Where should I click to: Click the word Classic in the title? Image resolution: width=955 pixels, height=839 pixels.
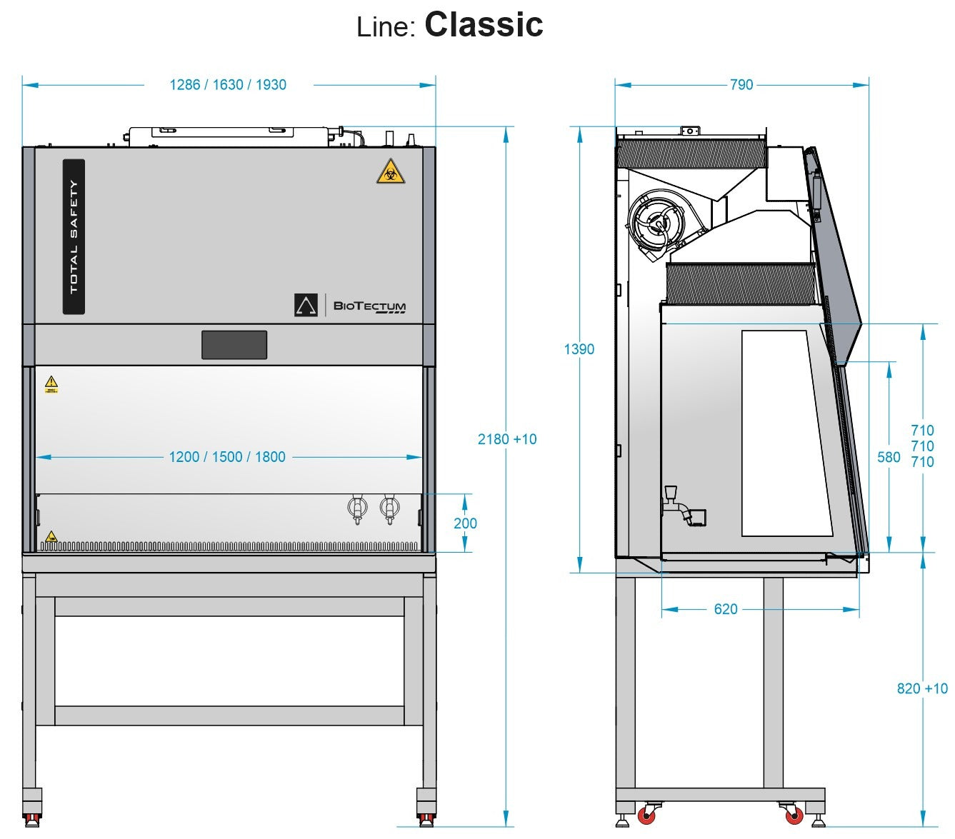[484, 25]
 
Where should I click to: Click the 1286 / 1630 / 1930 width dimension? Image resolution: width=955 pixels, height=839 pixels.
[228, 85]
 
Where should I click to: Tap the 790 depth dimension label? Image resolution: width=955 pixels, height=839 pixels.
[741, 85]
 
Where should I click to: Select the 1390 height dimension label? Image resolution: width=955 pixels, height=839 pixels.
[579, 349]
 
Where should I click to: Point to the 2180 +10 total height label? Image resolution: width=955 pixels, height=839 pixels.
[507, 439]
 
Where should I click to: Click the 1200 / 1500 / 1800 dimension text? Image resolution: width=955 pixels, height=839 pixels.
[227, 457]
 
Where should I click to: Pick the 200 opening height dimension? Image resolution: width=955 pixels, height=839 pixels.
[465, 523]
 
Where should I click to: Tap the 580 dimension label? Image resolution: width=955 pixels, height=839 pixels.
[889, 457]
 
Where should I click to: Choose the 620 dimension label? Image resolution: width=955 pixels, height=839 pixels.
[725, 609]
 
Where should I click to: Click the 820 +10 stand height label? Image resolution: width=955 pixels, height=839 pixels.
[922, 688]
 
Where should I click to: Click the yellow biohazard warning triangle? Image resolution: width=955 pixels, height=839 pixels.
[388, 171]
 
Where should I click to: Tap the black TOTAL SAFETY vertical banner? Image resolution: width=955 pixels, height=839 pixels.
[74, 236]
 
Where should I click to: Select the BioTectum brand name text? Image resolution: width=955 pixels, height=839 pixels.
[369, 306]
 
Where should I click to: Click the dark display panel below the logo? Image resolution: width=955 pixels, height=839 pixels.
[234, 345]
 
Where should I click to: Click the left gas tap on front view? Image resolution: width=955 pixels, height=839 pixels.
[357, 508]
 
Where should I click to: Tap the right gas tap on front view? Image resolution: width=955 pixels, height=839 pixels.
[389, 508]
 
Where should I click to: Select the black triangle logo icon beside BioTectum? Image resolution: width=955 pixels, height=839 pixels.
[306, 305]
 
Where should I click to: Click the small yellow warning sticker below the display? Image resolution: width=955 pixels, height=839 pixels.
[51, 384]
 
